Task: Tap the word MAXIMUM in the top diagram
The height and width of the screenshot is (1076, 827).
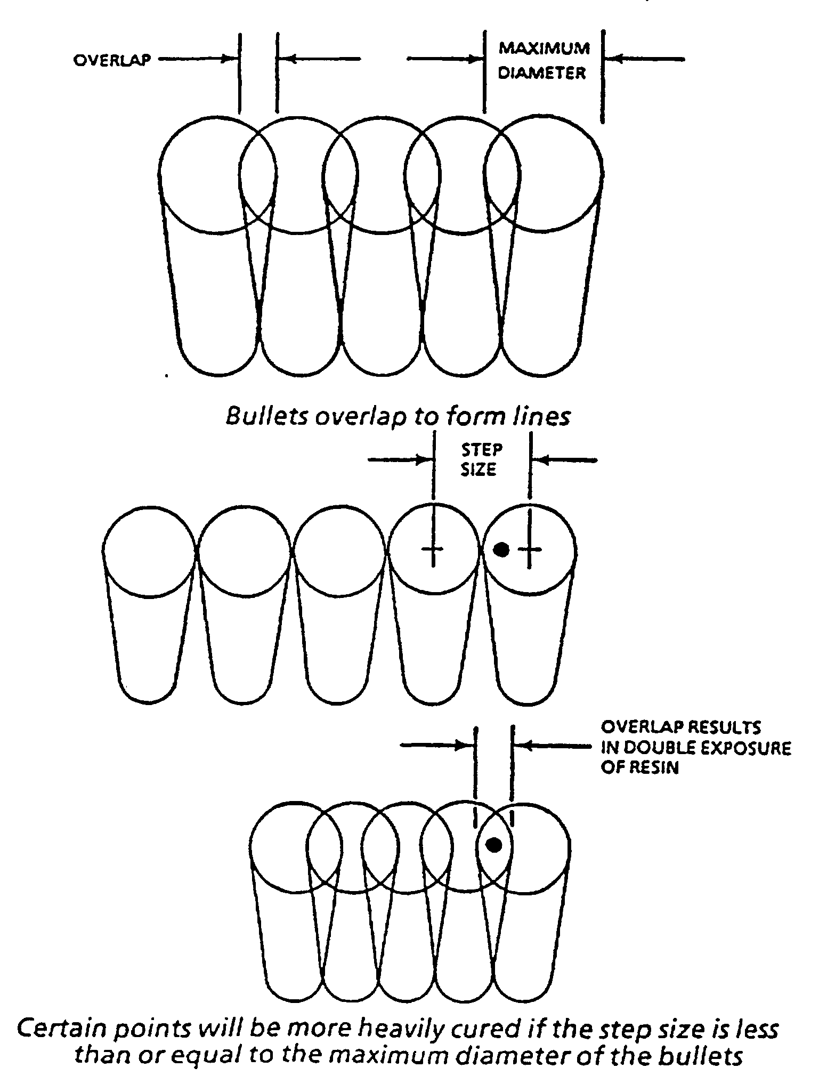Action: pos(544,48)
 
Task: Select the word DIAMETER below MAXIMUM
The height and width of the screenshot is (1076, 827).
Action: pos(542,72)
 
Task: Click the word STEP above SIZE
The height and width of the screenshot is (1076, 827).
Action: pos(481,450)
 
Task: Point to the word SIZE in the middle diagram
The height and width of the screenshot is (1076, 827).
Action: pos(479,470)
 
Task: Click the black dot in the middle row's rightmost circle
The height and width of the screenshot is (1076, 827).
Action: pos(500,549)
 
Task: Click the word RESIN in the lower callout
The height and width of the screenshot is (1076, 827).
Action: pos(639,768)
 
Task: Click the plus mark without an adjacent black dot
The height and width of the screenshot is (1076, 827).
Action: pos(434,549)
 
